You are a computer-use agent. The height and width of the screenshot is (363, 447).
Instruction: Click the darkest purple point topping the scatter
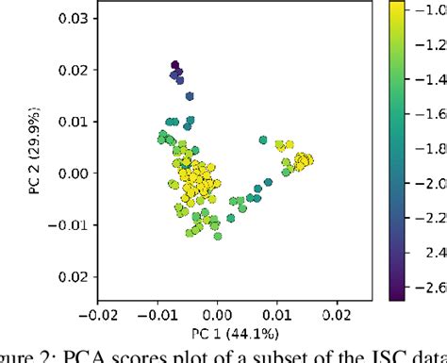point(175,66)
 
